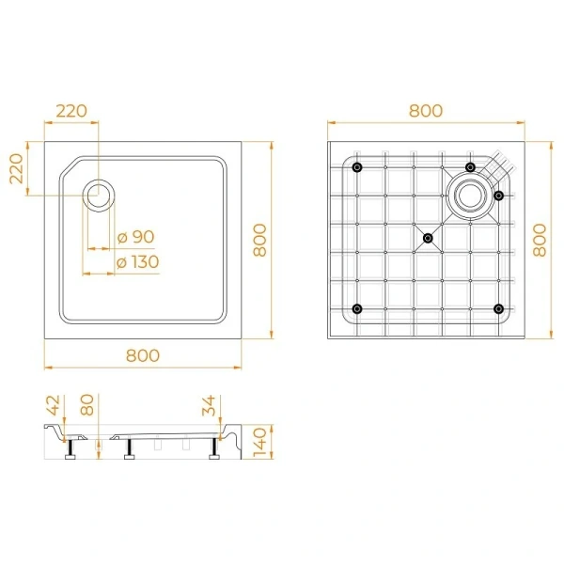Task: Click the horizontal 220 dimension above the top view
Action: [x=71, y=111]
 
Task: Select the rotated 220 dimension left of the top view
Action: [x=17, y=169]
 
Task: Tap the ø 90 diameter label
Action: [x=136, y=237]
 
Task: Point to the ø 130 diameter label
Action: [x=137, y=262]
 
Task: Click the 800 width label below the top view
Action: [x=142, y=355]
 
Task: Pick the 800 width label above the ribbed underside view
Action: [x=425, y=111]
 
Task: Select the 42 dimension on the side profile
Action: [x=54, y=407]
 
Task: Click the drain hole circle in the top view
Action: [x=99, y=196]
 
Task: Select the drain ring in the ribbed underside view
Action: [x=468, y=196]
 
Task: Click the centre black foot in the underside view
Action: [x=428, y=238]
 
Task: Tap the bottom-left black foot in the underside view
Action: [x=356, y=309]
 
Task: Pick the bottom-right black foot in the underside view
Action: [x=498, y=309]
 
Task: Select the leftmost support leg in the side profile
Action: [x=70, y=453]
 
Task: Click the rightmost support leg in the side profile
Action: [x=217, y=453]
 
